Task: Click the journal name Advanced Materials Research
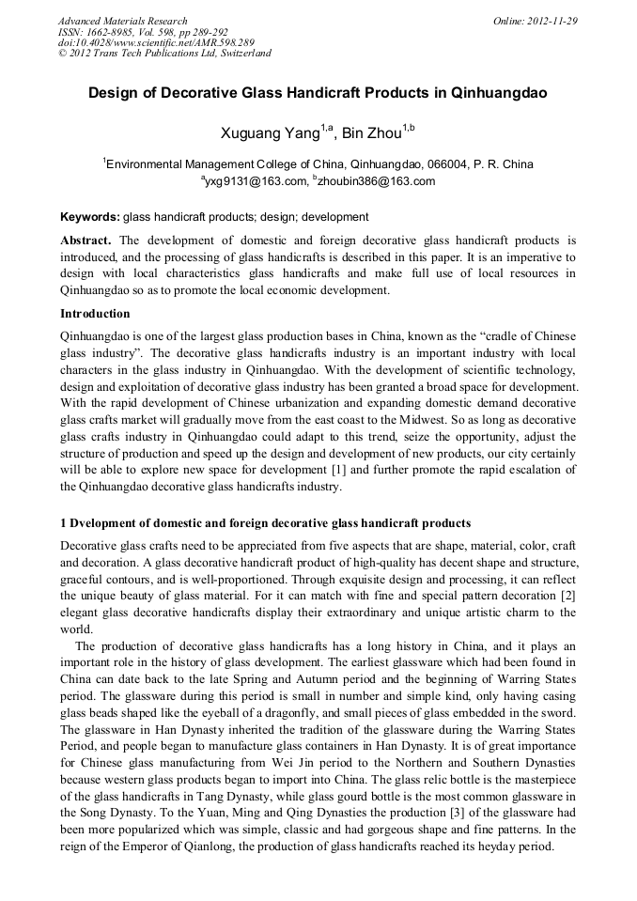pyautogui.click(x=122, y=21)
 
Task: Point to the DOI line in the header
pyautogui.click(x=156, y=42)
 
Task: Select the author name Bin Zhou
pyautogui.click(x=371, y=134)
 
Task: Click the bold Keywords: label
pyautogui.click(x=90, y=217)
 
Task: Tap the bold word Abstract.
pyautogui.click(x=86, y=241)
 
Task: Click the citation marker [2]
pyautogui.click(x=566, y=596)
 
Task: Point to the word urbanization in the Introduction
pyautogui.click(x=296, y=402)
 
